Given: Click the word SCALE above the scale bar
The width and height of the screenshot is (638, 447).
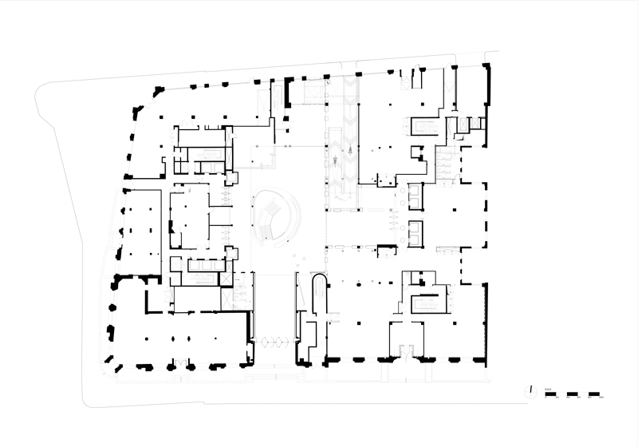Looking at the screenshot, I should [548, 389].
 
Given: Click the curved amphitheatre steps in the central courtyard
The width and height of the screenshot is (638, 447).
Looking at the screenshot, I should [275, 213].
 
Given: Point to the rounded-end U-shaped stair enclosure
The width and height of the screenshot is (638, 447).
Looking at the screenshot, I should [318, 295].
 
